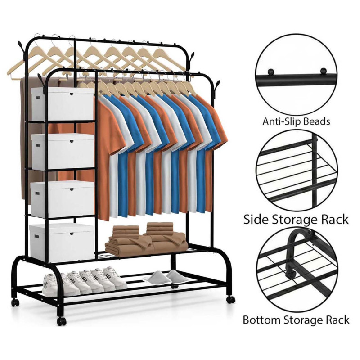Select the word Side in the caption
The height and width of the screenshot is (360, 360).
point(256,219)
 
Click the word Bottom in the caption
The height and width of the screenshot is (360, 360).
point(261,319)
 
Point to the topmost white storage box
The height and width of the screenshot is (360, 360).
point(63,104)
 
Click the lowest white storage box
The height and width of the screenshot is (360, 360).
point(62,243)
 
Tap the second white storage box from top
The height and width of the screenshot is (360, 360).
point(63,152)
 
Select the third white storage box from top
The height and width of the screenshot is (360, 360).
point(62,198)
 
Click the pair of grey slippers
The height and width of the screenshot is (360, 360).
point(166,277)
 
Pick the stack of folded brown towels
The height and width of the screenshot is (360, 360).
point(146,239)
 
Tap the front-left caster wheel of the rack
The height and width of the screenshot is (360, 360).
point(61,321)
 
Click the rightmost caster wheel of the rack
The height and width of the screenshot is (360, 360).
point(231,299)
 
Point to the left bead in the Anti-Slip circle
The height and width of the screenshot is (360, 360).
point(271,72)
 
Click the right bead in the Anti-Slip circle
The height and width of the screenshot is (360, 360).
point(323,71)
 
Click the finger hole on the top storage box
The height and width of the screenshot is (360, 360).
point(72,94)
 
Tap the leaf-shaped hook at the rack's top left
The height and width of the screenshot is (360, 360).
point(21,47)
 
